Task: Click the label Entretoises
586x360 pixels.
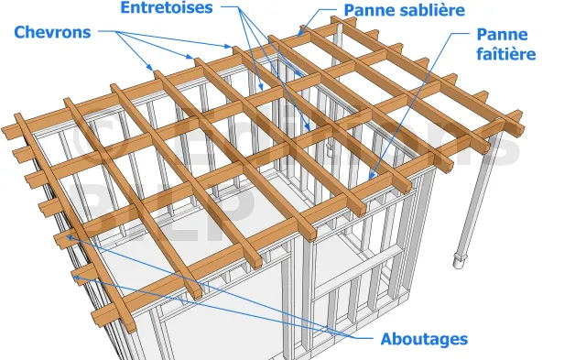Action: tap(167, 7)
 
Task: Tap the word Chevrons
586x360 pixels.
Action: tap(52, 33)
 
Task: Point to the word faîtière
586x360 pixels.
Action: tap(506, 54)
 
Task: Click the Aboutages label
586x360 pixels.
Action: tap(424, 340)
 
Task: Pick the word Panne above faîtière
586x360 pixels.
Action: tap(503, 35)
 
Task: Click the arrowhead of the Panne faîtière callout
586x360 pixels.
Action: tap(372, 176)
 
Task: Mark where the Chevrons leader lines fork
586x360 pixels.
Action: tap(117, 32)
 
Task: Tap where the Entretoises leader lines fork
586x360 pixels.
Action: tap(239, 7)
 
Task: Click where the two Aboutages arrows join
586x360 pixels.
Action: tap(353, 338)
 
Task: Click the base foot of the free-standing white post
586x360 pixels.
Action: tap(459, 261)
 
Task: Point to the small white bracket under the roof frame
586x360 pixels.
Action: tap(329, 149)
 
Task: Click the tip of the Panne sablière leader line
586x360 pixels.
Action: tap(299, 35)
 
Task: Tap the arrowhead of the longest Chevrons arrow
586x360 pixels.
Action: tap(229, 47)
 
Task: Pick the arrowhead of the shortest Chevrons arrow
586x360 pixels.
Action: tap(150, 68)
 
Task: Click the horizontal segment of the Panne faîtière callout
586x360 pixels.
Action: tap(461, 33)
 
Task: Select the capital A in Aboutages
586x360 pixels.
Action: tap(386, 339)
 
